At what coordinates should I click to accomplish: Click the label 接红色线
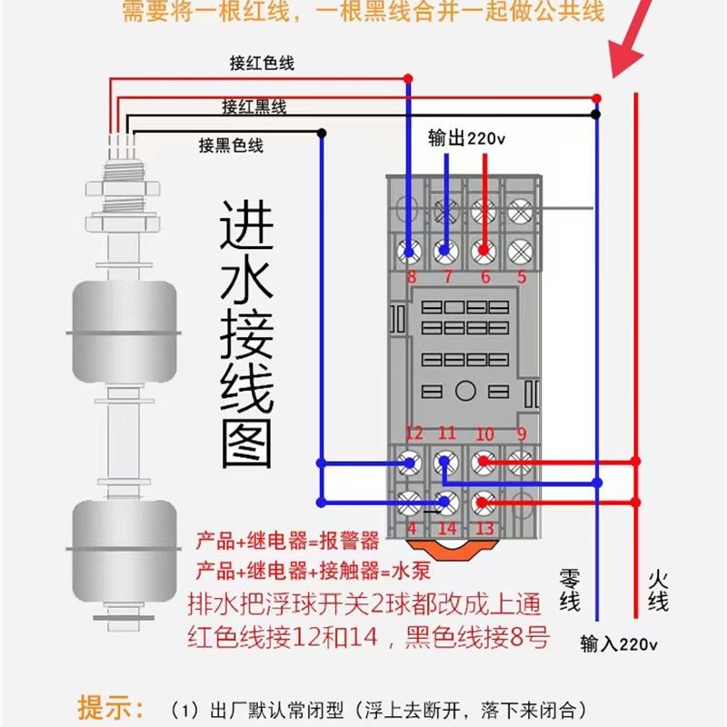click(262, 64)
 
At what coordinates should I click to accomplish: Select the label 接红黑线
click(254, 107)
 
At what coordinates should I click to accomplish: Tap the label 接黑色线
click(231, 145)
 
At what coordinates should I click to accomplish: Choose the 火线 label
click(658, 591)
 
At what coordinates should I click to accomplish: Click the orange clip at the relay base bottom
click(447, 548)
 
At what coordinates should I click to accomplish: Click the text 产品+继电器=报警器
click(287, 543)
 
